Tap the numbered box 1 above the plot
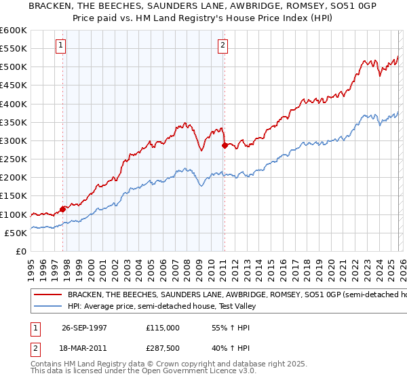(x=60, y=45)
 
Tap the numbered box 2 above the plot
(x=222, y=45)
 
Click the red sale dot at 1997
(x=63, y=209)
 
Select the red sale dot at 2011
(x=225, y=145)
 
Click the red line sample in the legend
(x=47, y=295)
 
